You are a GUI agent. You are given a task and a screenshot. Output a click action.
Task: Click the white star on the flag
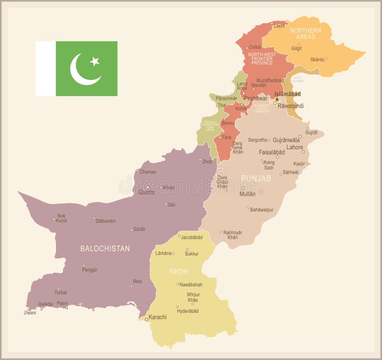(95, 61)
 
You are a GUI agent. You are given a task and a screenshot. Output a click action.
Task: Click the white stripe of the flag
(45, 68)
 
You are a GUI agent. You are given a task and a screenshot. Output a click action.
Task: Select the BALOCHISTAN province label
(105, 248)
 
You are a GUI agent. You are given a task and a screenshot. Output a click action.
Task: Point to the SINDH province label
(178, 271)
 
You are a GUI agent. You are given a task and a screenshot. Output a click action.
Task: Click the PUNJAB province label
(256, 178)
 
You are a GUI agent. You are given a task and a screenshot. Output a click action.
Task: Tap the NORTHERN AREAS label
(306, 33)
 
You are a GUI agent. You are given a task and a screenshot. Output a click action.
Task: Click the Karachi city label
(158, 317)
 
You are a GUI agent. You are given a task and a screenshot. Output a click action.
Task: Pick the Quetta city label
(147, 192)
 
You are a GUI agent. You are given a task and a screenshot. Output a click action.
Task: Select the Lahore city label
(295, 147)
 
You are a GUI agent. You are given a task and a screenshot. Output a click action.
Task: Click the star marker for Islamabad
(276, 99)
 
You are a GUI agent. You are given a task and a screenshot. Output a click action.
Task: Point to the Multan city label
(247, 194)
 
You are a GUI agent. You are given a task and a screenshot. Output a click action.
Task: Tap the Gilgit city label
(297, 48)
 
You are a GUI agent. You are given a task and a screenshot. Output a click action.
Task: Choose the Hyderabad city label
(188, 311)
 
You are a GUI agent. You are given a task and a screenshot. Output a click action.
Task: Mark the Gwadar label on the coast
(46, 304)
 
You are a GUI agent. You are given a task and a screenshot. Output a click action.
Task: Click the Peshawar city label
(255, 98)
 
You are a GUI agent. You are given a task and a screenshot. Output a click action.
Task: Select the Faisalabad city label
(272, 152)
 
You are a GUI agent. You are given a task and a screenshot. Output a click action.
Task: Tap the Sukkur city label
(192, 254)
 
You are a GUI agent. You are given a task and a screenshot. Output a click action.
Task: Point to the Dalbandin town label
(106, 221)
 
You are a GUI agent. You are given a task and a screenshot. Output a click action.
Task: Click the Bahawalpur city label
(262, 209)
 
